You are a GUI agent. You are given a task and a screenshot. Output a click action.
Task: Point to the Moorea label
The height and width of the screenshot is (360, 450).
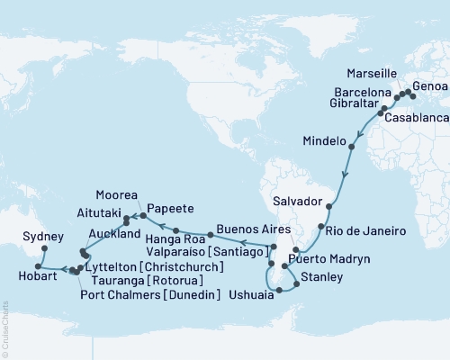click(x=118, y=194)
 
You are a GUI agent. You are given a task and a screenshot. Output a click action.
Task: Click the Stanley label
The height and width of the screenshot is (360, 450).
click(x=320, y=275)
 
